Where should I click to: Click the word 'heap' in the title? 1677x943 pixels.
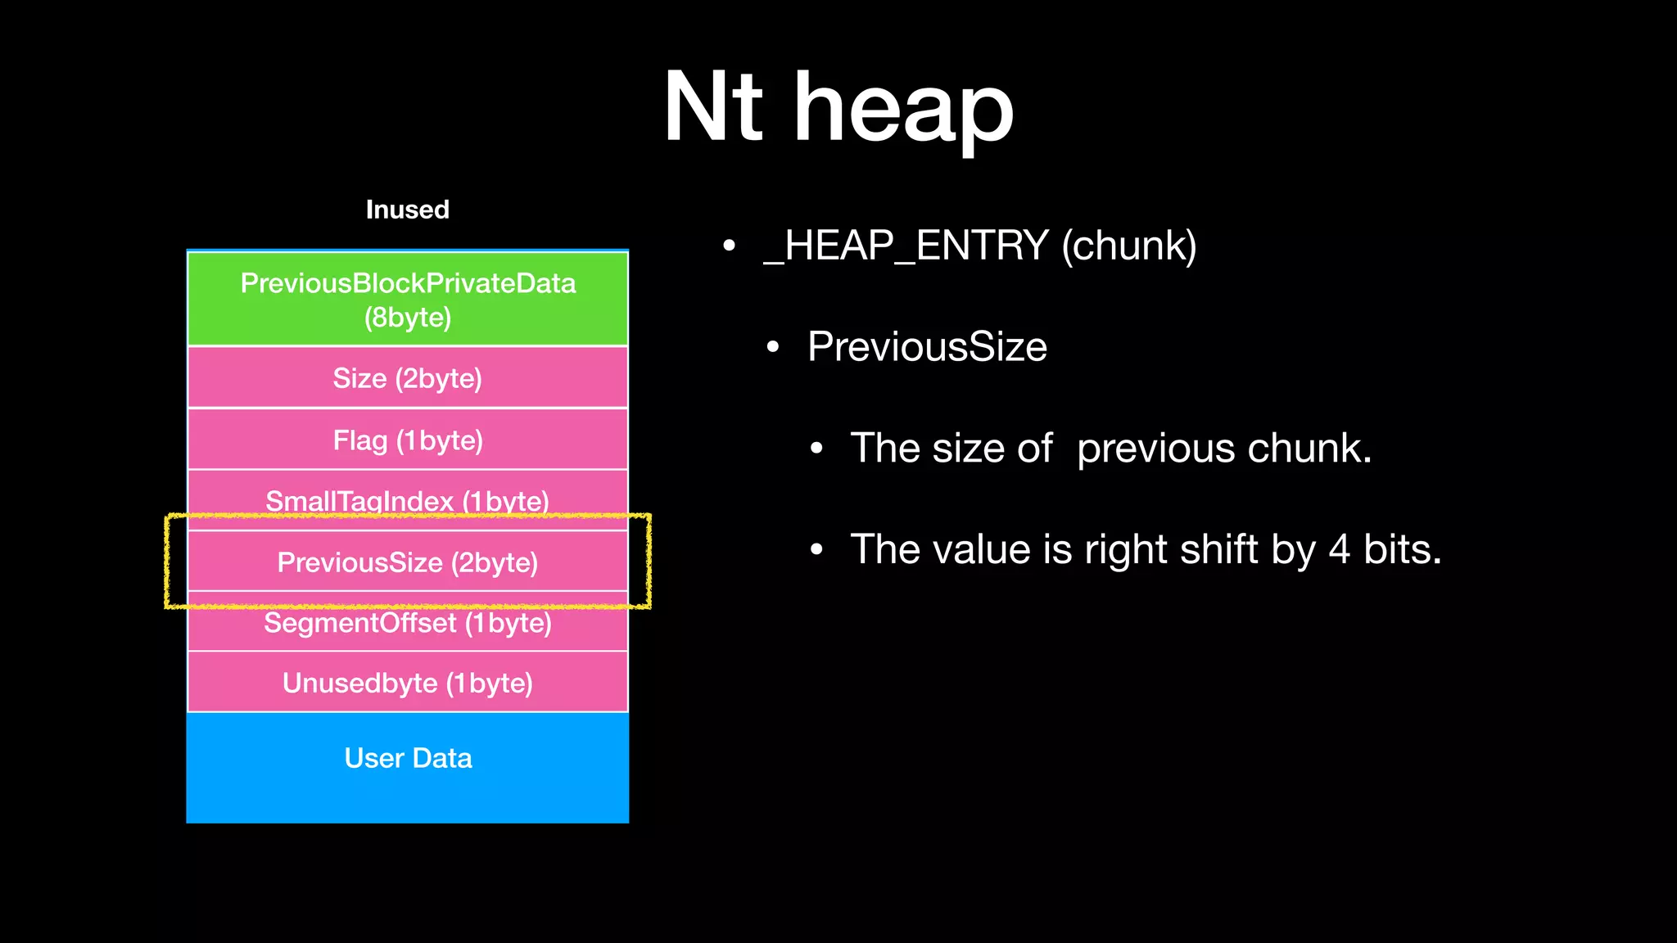pyautogui.click(x=904, y=111)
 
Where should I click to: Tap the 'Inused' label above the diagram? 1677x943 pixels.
pyautogui.click(x=407, y=210)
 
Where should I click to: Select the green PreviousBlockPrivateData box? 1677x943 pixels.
pyautogui.click(x=408, y=300)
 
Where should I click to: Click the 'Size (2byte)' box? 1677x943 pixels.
pyautogui.click(x=408, y=378)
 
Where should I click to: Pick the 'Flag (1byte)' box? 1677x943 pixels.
pyautogui.click(x=408, y=440)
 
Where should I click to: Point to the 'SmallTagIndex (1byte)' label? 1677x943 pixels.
pyautogui.click(x=407, y=500)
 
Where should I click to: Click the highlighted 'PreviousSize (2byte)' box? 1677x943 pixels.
pyautogui.click(x=408, y=562)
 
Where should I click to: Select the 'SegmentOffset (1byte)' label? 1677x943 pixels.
pyautogui.click(x=407, y=624)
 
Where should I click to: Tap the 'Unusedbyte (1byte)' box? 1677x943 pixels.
pyautogui.click(x=408, y=683)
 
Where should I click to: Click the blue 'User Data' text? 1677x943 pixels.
pyautogui.click(x=408, y=758)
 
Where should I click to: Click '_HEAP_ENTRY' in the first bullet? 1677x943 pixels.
pyautogui.click(x=906, y=246)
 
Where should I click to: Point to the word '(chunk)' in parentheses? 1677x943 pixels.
pyautogui.click(x=1129, y=246)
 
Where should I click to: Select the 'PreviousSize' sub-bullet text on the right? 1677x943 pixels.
pyautogui.click(x=927, y=346)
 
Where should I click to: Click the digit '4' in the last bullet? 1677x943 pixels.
pyautogui.click(x=1339, y=549)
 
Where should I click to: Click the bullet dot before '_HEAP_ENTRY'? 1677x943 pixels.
pyautogui.click(x=729, y=246)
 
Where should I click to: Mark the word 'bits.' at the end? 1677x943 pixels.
pyautogui.click(x=1402, y=549)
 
